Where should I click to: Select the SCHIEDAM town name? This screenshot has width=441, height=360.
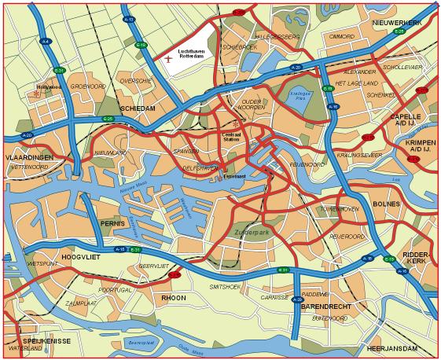[x=138, y=108]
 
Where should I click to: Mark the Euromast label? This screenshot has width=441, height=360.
[x=235, y=176]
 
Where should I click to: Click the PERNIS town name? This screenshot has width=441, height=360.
[x=112, y=224]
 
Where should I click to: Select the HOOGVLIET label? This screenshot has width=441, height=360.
[x=78, y=256]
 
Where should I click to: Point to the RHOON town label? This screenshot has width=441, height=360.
[x=173, y=298]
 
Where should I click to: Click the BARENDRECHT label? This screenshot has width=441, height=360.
[x=325, y=307]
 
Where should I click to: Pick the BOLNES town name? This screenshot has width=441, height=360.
[x=387, y=204]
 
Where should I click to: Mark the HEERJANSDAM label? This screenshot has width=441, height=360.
[x=390, y=347]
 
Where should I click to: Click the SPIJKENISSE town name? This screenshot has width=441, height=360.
[x=41, y=340]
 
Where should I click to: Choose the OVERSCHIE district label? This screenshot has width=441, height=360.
[x=135, y=80]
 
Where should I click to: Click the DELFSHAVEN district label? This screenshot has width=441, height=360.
[x=199, y=167]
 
